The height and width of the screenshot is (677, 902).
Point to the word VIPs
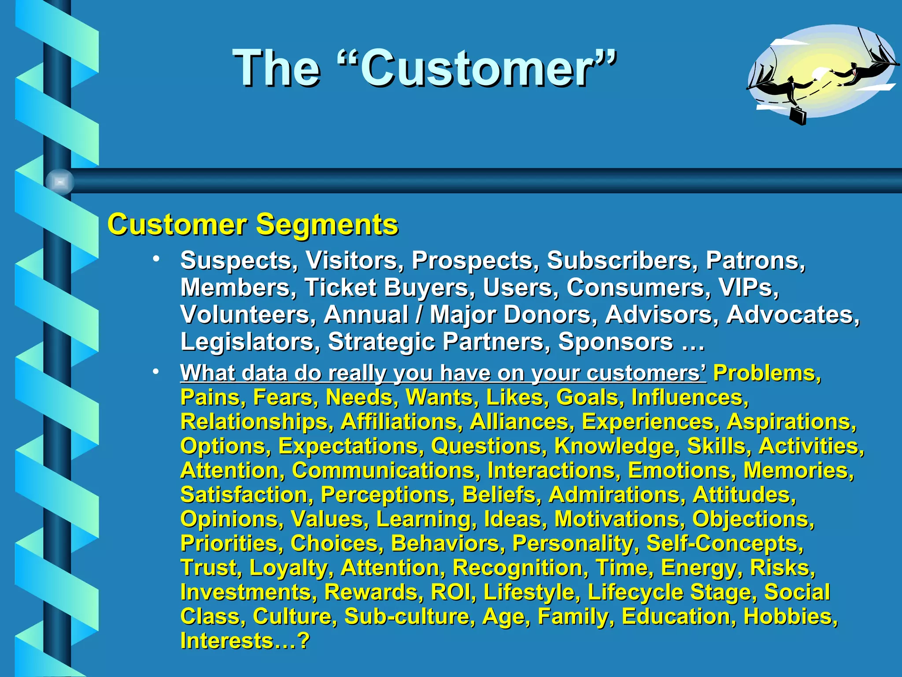(748, 288)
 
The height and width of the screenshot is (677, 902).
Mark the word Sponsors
(616, 342)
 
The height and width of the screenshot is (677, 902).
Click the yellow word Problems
(767, 373)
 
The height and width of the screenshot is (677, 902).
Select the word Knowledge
(614, 446)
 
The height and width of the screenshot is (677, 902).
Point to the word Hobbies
(791, 616)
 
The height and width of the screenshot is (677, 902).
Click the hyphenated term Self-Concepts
(725, 543)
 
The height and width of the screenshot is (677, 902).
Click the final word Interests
(227, 640)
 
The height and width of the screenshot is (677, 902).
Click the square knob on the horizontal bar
(60, 182)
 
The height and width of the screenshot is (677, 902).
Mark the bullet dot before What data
(156, 372)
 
